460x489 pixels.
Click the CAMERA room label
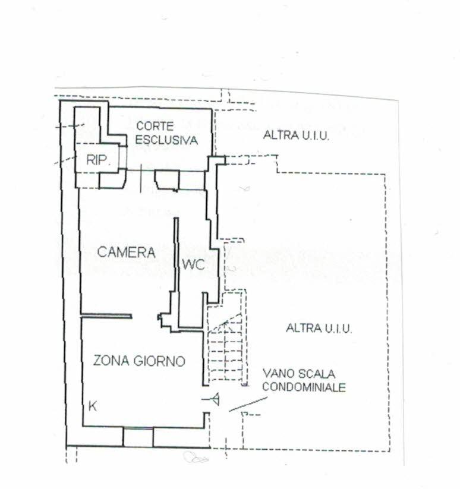pyautogui.click(x=126, y=252)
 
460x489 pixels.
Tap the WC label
pyautogui.click(x=193, y=265)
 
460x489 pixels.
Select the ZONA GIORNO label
pyautogui.click(x=139, y=361)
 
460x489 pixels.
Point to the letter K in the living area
pyautogui.click(x=92, y=406)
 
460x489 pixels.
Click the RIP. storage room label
pyautogui.click(x=98, y=160)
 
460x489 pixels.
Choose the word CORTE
pyautogui.click(x=155, y=126)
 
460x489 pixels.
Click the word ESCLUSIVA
pyautogui.click(x=166, y=140)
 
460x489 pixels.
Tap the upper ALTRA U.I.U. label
pyautogui.click(x=297, y=135)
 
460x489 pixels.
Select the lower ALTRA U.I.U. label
pyautogui.click(x=319, y=329)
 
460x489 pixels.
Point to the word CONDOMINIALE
pyautogui.click(x=304, y=387)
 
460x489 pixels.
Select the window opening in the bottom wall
pyautogui.click(x=138, y=437)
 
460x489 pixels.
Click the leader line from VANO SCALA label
pyautogui.click(x=248, y=404)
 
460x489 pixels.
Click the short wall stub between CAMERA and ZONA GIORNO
pyautogui.click(x=106, y=316)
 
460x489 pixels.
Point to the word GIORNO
pyautogui.click(x=159, y=361)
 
